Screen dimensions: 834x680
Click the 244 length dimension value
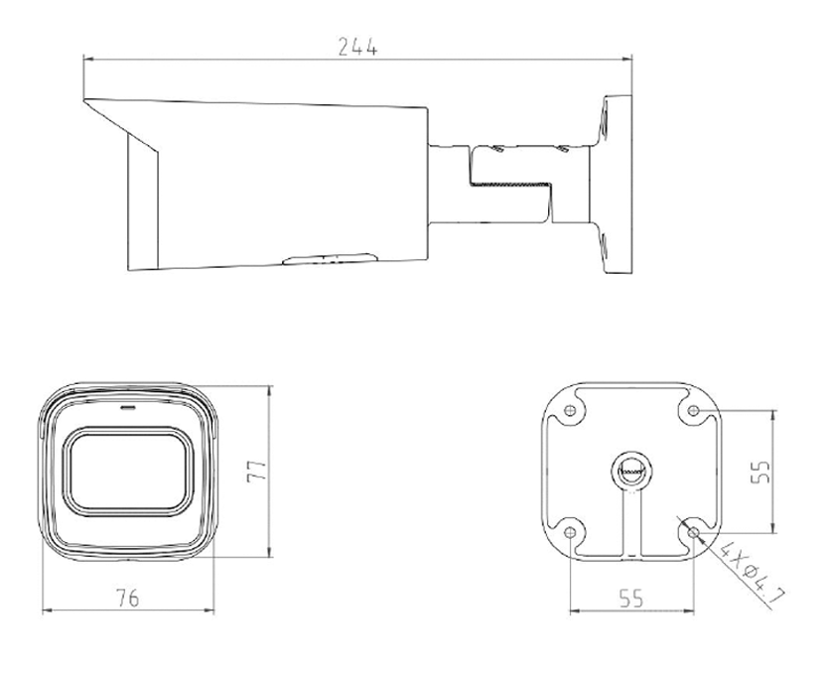[x=358, y=47]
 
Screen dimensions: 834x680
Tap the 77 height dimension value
[x=256, y=472]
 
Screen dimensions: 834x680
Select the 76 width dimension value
[x=128, y=599]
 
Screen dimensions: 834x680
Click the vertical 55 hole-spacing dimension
[x=761, y=472]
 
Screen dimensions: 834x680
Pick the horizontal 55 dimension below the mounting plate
[x=631, y=599]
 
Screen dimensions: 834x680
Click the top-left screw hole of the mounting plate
[x=570, y=410]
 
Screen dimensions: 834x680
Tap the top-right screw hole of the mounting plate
[x=693, y=410]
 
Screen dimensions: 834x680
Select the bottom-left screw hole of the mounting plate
[x=570, y=532]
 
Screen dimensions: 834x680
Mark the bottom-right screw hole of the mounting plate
[x=693, y=532]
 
